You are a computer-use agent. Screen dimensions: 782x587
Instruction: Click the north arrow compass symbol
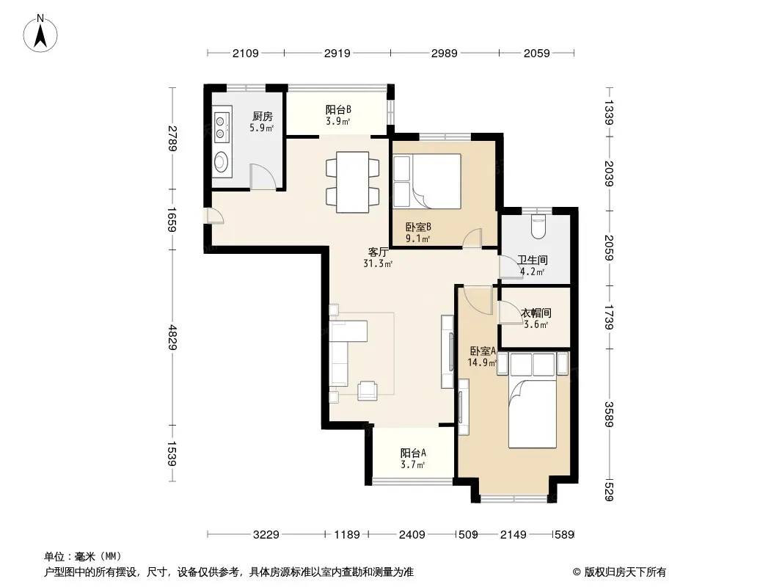click(x=40, y=34)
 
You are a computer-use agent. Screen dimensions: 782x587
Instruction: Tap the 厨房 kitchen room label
click(x=263, y=117)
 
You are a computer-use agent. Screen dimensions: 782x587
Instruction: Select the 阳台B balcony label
click(x=338, y=109)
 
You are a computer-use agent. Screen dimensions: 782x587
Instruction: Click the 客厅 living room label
click(x=378, y=252)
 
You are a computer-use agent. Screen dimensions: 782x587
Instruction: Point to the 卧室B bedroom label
click(x=418, y=227)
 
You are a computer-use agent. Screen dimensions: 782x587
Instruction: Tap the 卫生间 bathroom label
click(x=532, y=260)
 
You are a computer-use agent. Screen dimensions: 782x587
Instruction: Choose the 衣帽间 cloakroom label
click(x=536, y=313)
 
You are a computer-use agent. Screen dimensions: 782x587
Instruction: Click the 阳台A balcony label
click(x=413, y=453)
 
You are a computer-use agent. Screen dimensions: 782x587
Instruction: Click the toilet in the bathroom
click(x=538, y=227)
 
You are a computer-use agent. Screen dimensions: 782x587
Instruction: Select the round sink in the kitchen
click(x=220, y=162)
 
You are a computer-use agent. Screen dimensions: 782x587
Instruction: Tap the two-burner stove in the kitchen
click(x=220, y=127)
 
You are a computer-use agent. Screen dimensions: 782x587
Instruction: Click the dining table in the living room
click(x=352, y=182)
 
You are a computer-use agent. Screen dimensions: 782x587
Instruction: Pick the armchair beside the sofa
click(x=368, y=390)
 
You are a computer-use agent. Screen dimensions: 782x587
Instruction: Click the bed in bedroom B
click(x=427, y=181)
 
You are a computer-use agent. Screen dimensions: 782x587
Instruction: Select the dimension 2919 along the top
click(x=337, y=53)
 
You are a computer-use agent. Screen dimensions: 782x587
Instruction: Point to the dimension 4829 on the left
click(x=172, y=337)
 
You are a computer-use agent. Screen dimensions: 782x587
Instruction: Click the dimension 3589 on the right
click(x=608, y=414)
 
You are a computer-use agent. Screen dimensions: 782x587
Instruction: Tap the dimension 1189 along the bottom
click(x=346, y=535)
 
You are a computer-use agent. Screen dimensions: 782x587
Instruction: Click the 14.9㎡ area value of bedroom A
click(x=482, y=363)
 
